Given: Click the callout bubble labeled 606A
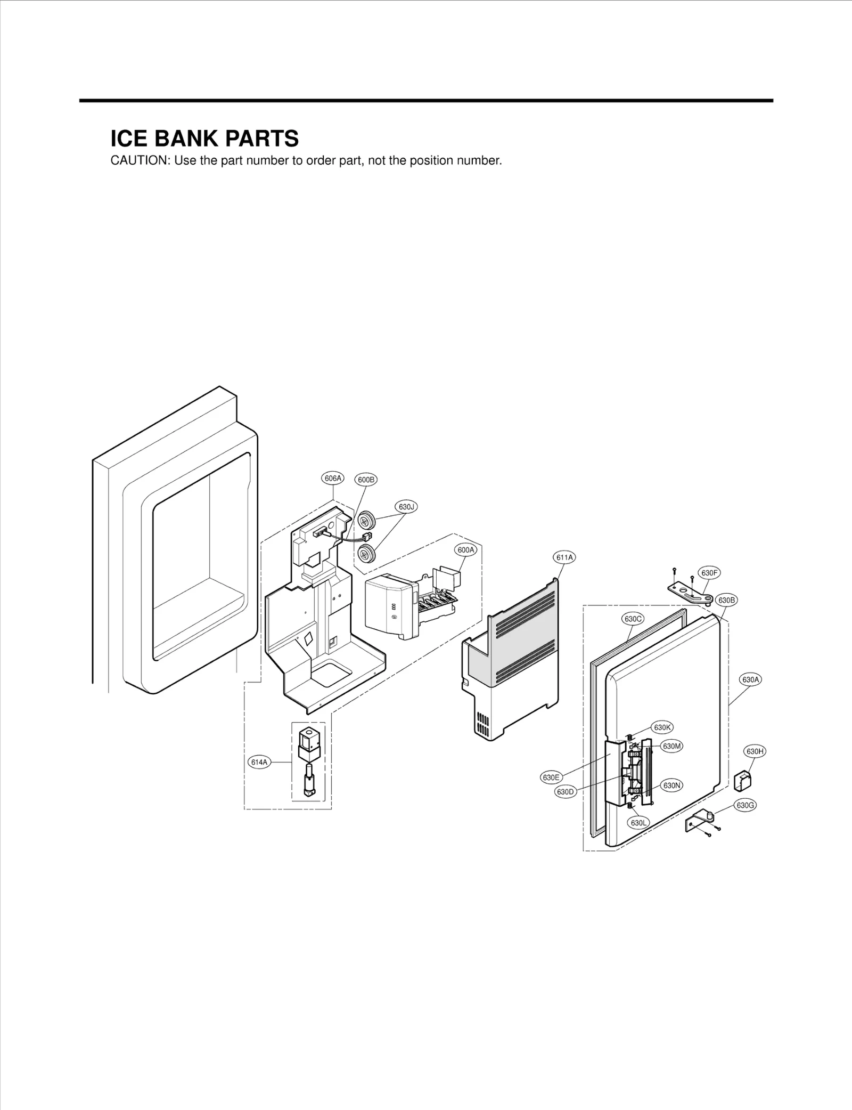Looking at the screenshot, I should click(333, 479).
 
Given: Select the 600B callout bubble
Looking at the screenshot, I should click(366, 480).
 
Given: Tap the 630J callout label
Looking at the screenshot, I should click(406, 507).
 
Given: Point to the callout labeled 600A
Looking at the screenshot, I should click(465, 550).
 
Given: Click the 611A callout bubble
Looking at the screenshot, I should click(564, 557).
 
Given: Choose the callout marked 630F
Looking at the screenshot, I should click(709, 573).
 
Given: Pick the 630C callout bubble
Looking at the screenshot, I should click(633, 619).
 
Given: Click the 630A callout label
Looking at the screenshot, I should click(750, 679).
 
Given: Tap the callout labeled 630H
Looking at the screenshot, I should click(755, 751).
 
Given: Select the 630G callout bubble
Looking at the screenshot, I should click(745, 805).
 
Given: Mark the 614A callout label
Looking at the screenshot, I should click(259, 763).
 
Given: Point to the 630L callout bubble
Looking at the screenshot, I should click(638, 823).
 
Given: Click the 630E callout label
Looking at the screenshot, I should click(551, 777).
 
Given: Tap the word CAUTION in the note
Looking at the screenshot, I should click(139, 161).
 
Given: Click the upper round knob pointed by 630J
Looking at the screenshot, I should click(365, 519).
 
